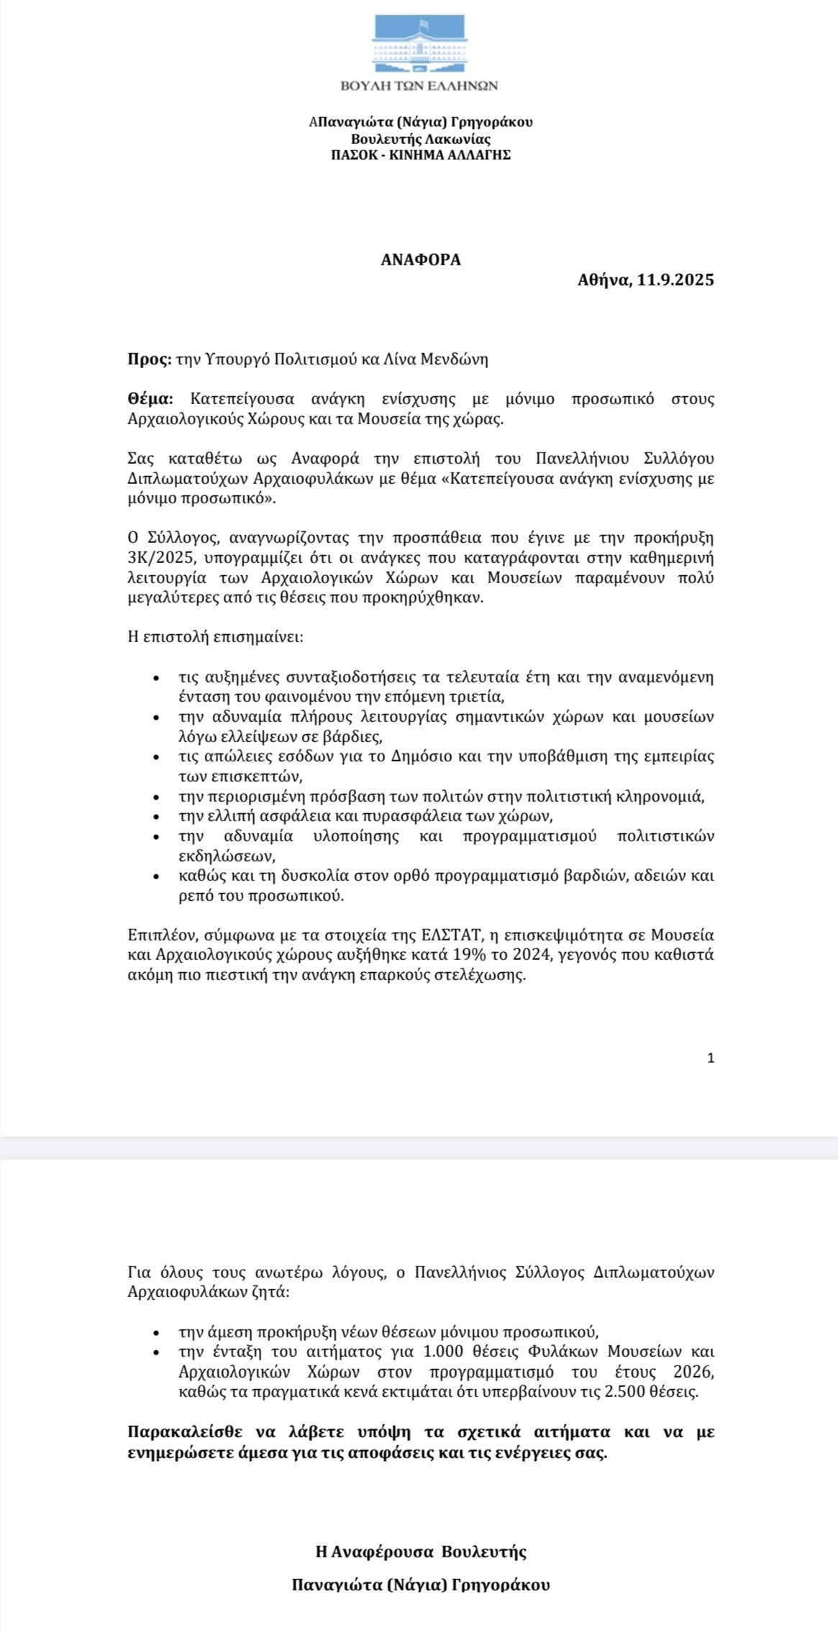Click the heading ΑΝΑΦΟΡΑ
tap(421, 260)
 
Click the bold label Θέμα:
tap(150, 399)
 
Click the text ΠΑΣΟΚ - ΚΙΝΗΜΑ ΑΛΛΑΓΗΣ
tap(421, 154)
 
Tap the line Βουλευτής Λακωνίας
tap(421, 139)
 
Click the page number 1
tap(711, 1058)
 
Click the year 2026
tap(693, 1371)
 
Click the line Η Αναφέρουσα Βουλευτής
tap(421, 1552)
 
